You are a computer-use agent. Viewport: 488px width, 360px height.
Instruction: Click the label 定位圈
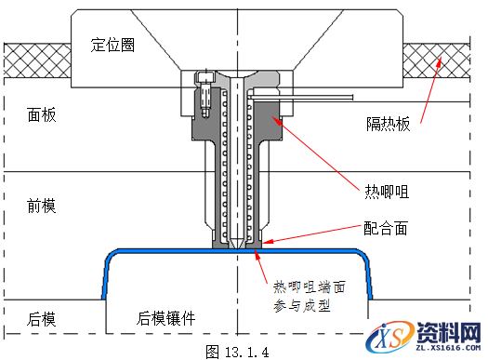(x=113, y=44)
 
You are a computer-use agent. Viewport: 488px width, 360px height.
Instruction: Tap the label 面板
(x=42, y=114)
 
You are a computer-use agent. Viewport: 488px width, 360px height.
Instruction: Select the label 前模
(x=42, y=207)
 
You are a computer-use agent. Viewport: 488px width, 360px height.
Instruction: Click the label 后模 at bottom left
(x=42, y=318)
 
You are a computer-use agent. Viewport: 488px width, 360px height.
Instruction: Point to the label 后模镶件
(x=166, y=318)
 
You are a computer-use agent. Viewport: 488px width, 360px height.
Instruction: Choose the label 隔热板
(x=386, y=126)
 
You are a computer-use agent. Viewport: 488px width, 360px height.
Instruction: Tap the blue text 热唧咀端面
(x=310, y=285)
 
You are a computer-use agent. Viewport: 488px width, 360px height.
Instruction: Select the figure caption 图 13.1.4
(x=236, y=351)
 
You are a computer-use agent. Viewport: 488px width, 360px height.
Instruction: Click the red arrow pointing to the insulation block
(x=428, y=93)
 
